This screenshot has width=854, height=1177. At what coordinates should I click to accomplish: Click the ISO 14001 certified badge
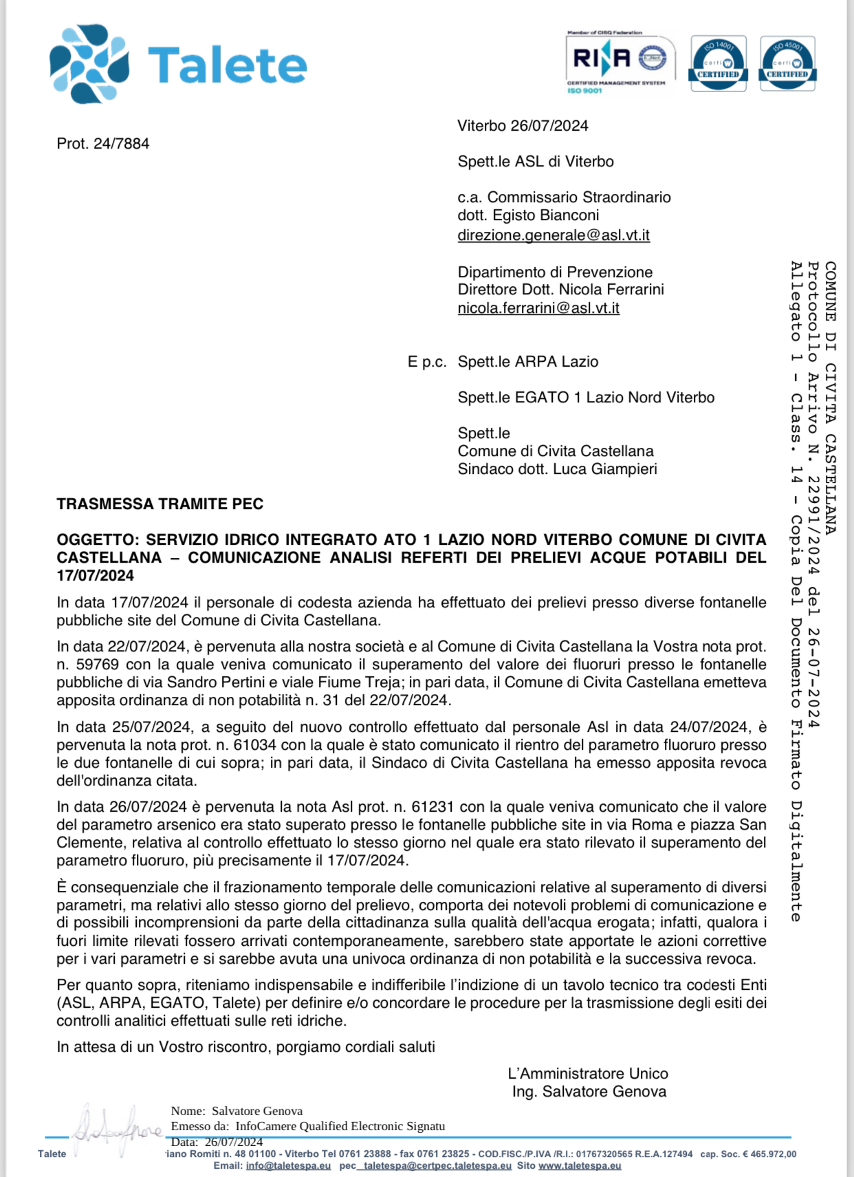[x=718, y=63]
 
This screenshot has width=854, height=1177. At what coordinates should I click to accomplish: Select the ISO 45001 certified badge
[x=787, y=63]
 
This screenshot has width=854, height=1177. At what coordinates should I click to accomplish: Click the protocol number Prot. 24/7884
[x=103, y=144]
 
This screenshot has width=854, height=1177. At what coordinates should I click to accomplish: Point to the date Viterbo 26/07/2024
[x=523, y=126]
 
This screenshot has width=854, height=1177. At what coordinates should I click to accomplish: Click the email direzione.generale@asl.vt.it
[x=554, y=235]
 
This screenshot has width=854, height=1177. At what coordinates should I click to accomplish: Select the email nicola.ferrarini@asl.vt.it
[x=538, y=308]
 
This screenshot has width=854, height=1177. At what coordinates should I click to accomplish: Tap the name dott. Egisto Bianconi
[x=528, y=215]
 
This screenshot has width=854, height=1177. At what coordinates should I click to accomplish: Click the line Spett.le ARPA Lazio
[x=528, y=362]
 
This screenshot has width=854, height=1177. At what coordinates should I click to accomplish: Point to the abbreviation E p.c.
[x=427, y=362]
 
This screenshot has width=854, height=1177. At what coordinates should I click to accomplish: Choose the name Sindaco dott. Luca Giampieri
[x=557, y=469]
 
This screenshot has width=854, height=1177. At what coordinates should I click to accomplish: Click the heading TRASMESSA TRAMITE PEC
[x=160, y=504]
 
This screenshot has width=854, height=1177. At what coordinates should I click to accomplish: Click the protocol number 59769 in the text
[x=97, y=665]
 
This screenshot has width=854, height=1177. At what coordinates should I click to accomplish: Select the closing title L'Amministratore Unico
[x=588, y=1074]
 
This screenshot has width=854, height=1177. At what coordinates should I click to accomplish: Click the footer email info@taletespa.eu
[x=288, y=1166]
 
